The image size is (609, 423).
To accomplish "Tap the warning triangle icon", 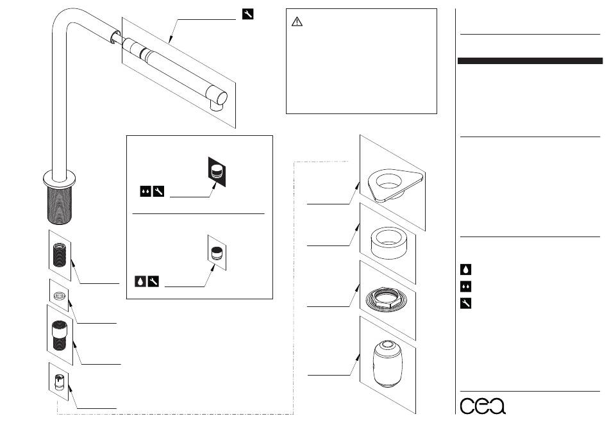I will coord(297,22).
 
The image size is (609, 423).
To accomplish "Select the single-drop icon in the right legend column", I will coord(466,270).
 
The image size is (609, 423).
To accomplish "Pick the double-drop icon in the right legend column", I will coord(466,286).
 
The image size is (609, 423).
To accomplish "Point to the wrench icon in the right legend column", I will coord(466,303).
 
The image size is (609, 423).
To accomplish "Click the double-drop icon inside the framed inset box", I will coord(146,191).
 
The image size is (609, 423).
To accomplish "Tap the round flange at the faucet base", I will coord(59,176).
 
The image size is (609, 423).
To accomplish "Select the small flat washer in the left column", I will coord(60,296).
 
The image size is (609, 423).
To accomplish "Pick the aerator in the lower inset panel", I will coord(218,252).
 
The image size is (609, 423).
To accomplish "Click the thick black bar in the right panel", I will coord(530,61).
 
